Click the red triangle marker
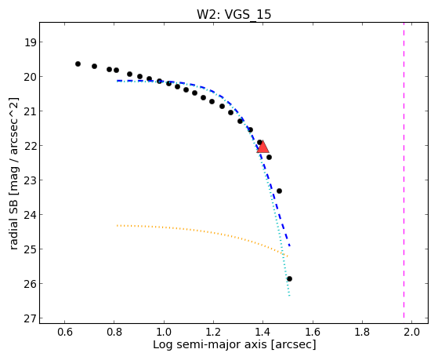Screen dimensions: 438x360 262,147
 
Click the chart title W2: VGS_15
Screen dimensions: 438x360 233,14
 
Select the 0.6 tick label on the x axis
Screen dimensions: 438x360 64,332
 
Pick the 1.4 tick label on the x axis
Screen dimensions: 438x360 262,332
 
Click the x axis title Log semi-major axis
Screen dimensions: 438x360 210,344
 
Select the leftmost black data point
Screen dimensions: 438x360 78,64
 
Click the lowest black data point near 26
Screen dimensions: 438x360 289,278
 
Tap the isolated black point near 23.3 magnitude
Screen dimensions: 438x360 279,191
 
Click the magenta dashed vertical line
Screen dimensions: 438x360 404,170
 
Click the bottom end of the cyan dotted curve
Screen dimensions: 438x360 289,296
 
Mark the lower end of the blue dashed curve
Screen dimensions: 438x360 290,245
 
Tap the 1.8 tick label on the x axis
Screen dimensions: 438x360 362,332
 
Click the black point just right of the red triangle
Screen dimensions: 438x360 269,157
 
